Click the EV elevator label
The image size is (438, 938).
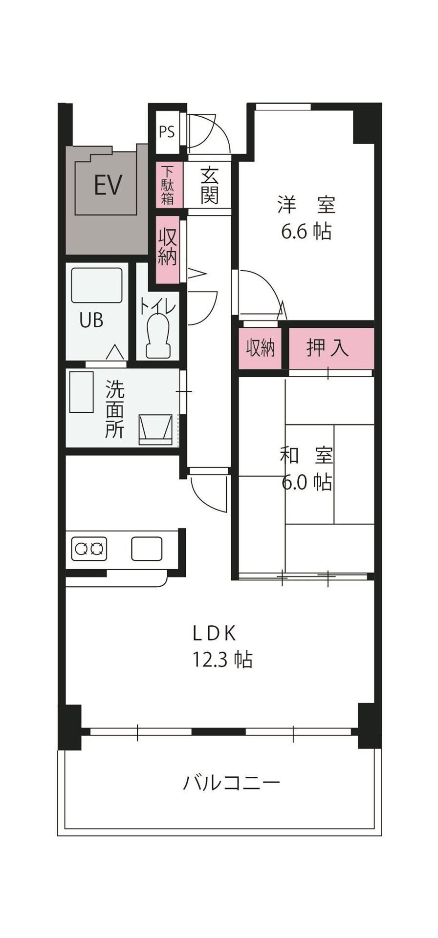[108, 185]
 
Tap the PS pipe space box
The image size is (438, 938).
[167, 132]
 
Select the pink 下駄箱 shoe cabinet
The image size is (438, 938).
[168, 185]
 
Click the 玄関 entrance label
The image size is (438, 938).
[209, 186]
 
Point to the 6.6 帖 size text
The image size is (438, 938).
[307, 231]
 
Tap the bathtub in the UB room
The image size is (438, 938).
[96, 285]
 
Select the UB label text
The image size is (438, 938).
[91, 320]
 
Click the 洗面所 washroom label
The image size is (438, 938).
[115, 409]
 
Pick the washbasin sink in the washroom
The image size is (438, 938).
[156, 430]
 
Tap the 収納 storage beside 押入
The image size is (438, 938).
[260, 348]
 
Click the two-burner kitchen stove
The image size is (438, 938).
[89, 549]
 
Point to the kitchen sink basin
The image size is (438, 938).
[147, 548]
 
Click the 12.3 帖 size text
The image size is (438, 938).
[222, 660]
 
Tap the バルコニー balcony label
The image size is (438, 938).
[232, 783]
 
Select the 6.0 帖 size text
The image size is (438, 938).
[307, 483]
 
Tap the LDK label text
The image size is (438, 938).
[215, 634]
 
